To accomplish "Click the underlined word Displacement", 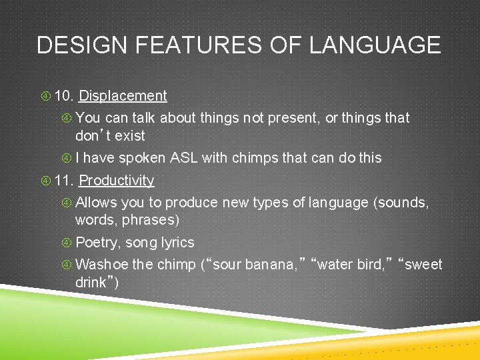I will [123, 96].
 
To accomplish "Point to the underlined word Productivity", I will [117, 181].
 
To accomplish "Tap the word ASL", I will [184, 158].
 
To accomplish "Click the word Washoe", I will [102, 265].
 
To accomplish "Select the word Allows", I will [97, 203].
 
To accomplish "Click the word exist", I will [130, 136].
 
